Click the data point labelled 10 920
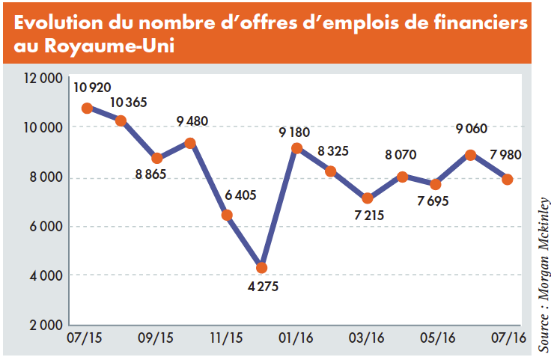click(x=87, y=108)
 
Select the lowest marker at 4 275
click(x=261, y=267)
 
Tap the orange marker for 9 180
click(x=296, y=148)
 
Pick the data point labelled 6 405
click(x=227, y=216)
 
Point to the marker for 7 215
click(x=367, y=198)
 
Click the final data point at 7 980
click(x=507, y=179)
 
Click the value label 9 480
click(x=192, y=121)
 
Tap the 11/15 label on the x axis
click(x=227, y=339)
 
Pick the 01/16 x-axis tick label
click(x=296, y=339)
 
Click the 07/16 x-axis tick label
click(x=507, y=339)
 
